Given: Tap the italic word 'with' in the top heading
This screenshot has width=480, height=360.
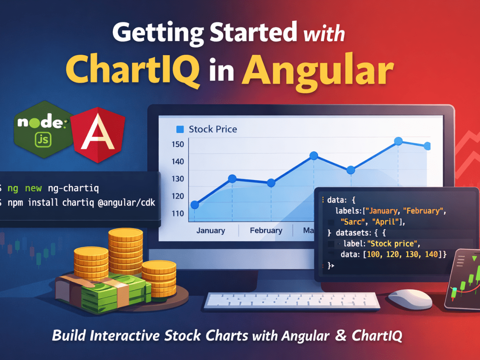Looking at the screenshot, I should click(324, 34).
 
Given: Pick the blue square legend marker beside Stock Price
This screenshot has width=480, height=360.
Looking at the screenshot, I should click(180, 129).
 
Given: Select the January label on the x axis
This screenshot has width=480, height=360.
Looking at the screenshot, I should click(210, 231).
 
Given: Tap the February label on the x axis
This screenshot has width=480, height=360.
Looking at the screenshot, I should click(266, 231).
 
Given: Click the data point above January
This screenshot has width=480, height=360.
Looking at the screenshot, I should click(195, 205).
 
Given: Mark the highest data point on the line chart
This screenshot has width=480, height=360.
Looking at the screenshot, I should click(398, 141).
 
